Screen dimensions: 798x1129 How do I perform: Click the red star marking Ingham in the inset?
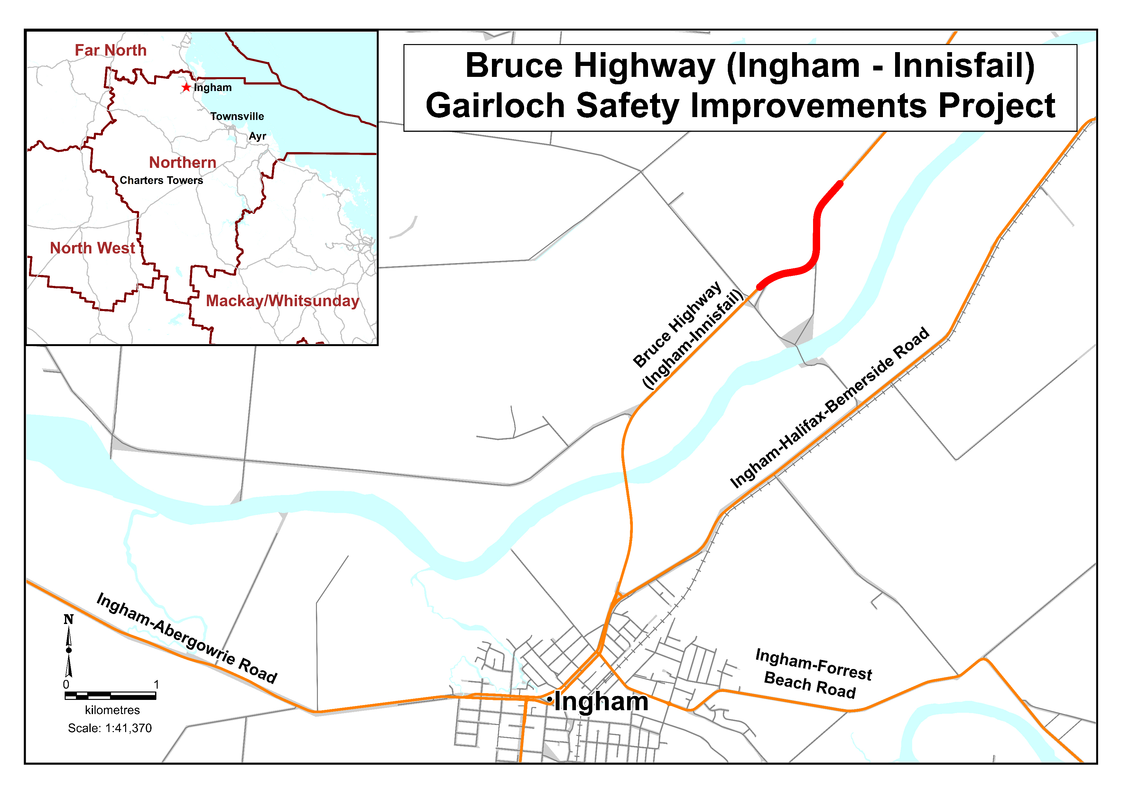pyautogui.click(x=186, y=87)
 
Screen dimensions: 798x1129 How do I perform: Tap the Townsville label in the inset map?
pyautogui.click(x=237, y=116)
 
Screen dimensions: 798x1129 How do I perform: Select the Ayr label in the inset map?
pyautogui.click(x=257, y=136)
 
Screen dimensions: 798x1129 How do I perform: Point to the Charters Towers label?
pyautogui.click(x=161, y=180)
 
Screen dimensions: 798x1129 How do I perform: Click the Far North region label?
pyautogui.click(x=111, y=50)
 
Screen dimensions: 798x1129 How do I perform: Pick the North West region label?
pyautogui.click(x=92, y=248)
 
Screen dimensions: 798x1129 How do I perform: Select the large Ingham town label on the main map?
pyautogui.click(x=601, y=701)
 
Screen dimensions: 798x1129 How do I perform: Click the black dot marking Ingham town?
pyautogui.click(x=549, y=699)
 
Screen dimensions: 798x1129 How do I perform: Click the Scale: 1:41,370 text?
pyautogui.click(x=110, y=728)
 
